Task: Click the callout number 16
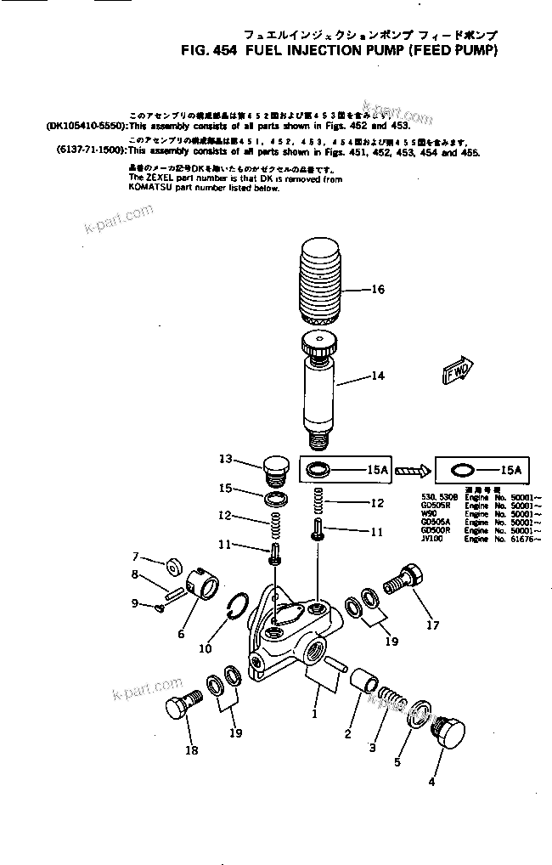coord(378,290)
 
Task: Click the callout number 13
coord(225,459)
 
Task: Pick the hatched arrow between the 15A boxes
coord(411,469)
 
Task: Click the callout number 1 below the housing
coord(314,715)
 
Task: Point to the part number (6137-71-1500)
coord(81,153)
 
